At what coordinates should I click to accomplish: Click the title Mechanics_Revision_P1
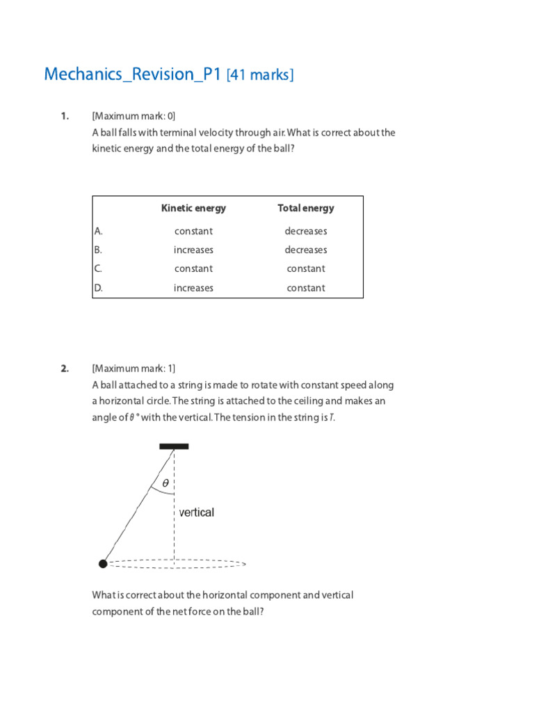click(133, 74)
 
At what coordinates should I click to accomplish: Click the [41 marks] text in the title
click(260, 75)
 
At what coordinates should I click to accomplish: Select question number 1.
click(65, 116)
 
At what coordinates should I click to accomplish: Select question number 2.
click(65, 369)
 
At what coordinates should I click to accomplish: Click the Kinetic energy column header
click(193, 208)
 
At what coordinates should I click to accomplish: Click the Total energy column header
click(305, 208)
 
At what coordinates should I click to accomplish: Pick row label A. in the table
click(99, 231)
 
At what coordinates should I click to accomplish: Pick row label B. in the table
click(99, 250)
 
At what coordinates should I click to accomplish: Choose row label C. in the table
click(99, 268)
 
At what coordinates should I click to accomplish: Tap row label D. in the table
click(99, 288)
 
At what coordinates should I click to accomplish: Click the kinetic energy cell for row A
click(193, 231)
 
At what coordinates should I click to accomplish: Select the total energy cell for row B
click(305, 250)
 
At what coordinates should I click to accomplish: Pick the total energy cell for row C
click(305, 268)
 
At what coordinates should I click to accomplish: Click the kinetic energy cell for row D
click(193, 288)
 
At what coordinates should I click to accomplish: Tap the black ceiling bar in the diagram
click(174, 446)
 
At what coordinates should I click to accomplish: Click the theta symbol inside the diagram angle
click(165, 483)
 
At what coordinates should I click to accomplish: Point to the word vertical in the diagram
click(197, 512)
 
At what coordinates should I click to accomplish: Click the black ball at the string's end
click(103, 564)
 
